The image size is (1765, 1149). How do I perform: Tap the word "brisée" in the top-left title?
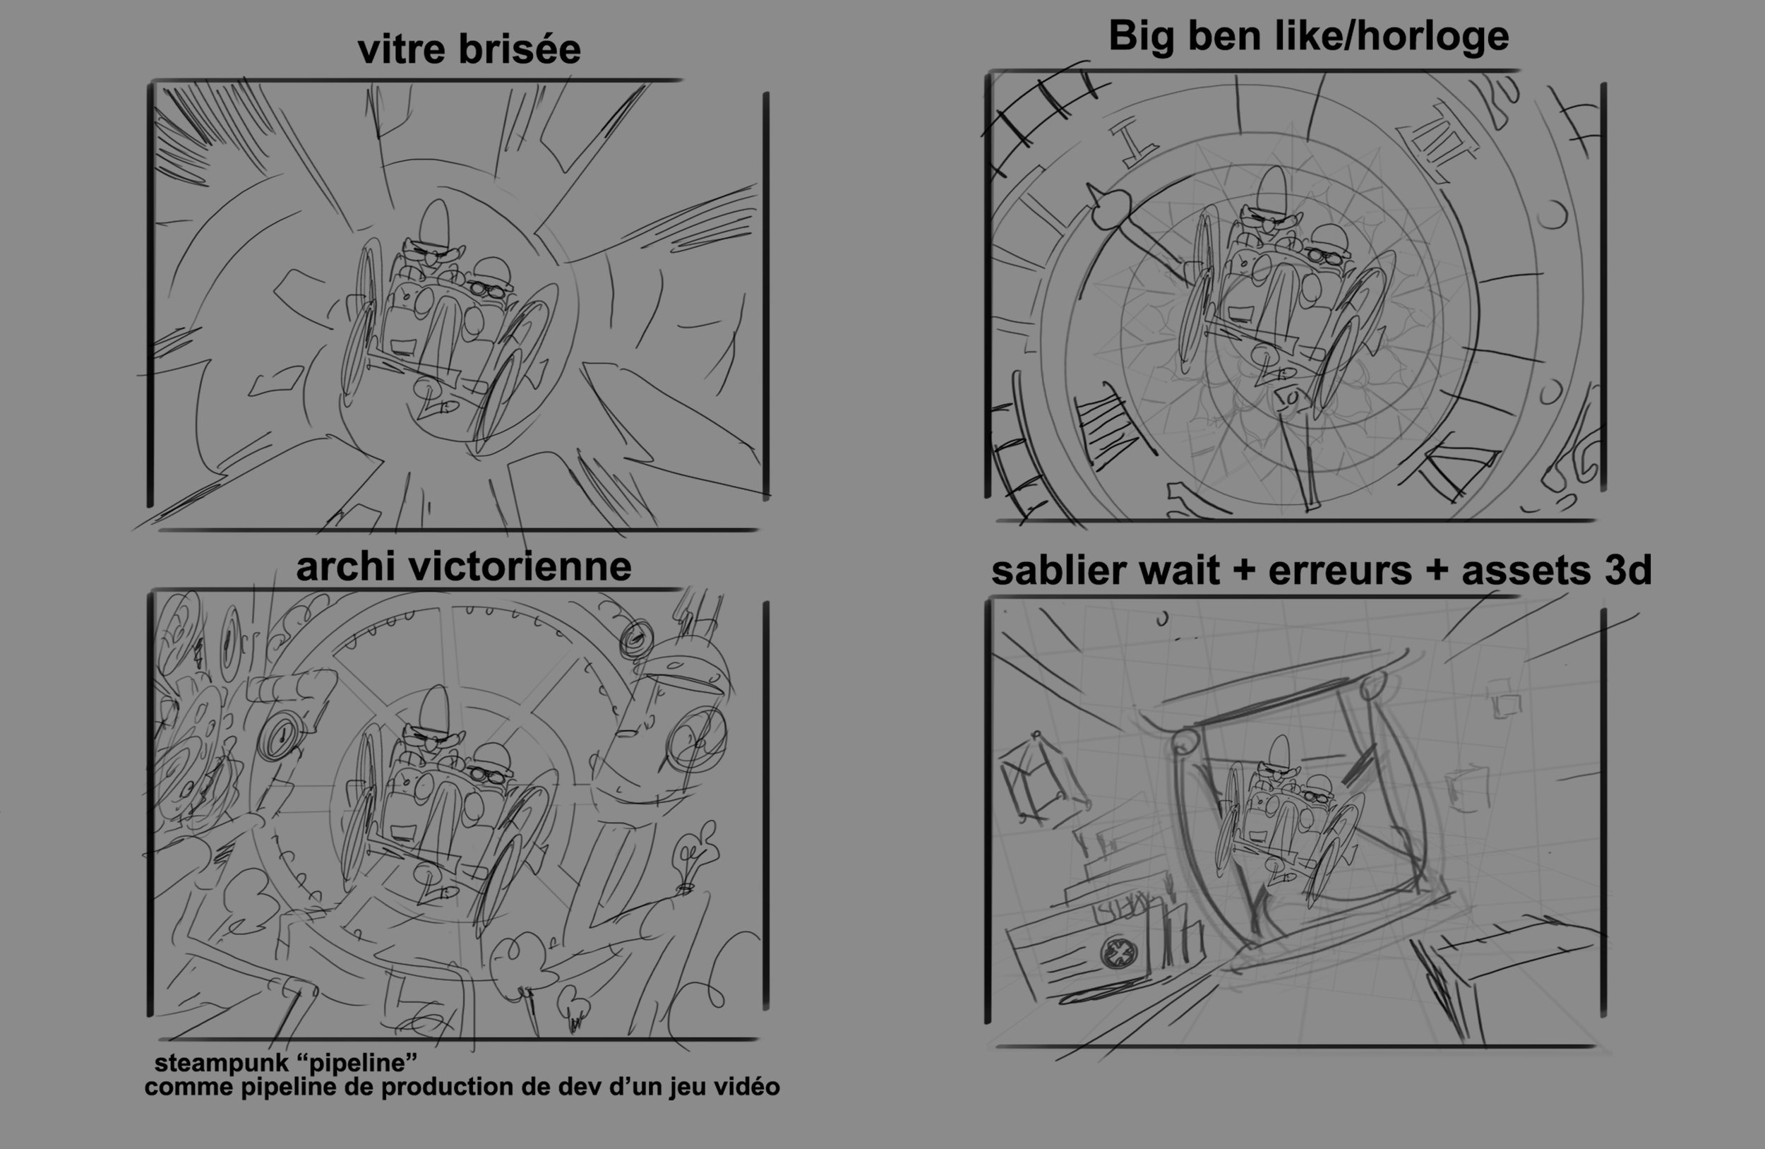(520, 49)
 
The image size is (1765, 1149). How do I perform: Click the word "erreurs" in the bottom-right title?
(1340, 571)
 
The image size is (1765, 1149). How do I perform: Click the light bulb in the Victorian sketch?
(695, 855)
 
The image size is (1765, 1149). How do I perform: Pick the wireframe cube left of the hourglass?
(1042, 779)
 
